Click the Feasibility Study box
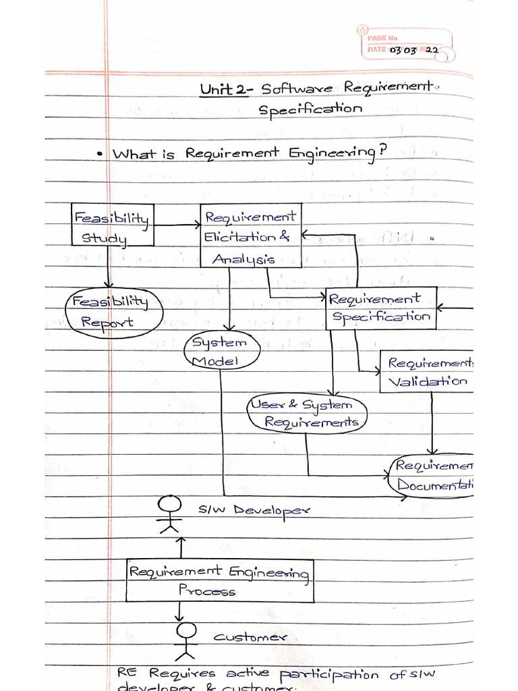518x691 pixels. [x=113, y=225]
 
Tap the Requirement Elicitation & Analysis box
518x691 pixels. [x=250, y=237]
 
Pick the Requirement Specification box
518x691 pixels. [x=381, y=308]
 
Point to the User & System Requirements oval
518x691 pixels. [x=308, y=414]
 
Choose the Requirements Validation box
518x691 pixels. [x=427, y=372]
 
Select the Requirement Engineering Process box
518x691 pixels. [x=220, y=580]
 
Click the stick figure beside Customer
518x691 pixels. [x=185, y=641]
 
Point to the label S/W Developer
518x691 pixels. [x=254, y=511]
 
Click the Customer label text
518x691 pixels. [x=250, y=637]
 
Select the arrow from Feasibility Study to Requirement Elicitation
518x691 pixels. [x=177, y=226]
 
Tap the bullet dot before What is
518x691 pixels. [x=99, y=155]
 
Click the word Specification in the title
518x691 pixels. [x=311, y=109]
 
